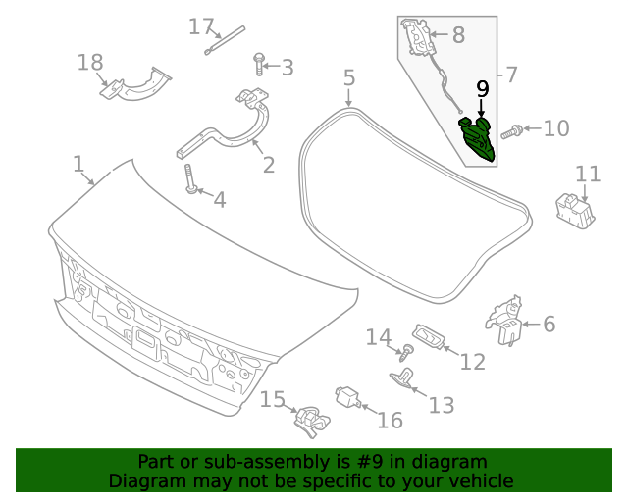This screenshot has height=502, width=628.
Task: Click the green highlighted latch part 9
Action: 479,137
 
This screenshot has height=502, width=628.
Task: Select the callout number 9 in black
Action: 482,89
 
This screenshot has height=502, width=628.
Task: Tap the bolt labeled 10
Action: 511,129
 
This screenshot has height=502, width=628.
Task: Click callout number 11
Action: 587,175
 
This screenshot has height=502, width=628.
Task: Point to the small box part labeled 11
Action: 574,210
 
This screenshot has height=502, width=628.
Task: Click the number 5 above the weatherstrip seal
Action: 348,77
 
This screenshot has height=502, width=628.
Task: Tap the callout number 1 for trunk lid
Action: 78,164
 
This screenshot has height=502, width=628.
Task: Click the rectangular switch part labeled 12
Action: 429,336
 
